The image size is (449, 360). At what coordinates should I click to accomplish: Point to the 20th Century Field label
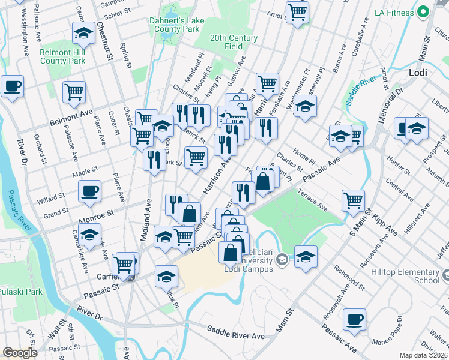pos(234,42)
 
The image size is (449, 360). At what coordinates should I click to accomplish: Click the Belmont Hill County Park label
pos(62,56)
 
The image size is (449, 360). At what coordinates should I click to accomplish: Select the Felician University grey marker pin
pos(282,259)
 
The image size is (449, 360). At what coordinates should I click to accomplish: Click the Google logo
pos(20,353)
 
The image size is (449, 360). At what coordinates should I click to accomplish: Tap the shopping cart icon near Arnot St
pos(297,11)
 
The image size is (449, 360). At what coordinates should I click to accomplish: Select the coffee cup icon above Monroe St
pos(89,191)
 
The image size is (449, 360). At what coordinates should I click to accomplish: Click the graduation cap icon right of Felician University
pos(306,255)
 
